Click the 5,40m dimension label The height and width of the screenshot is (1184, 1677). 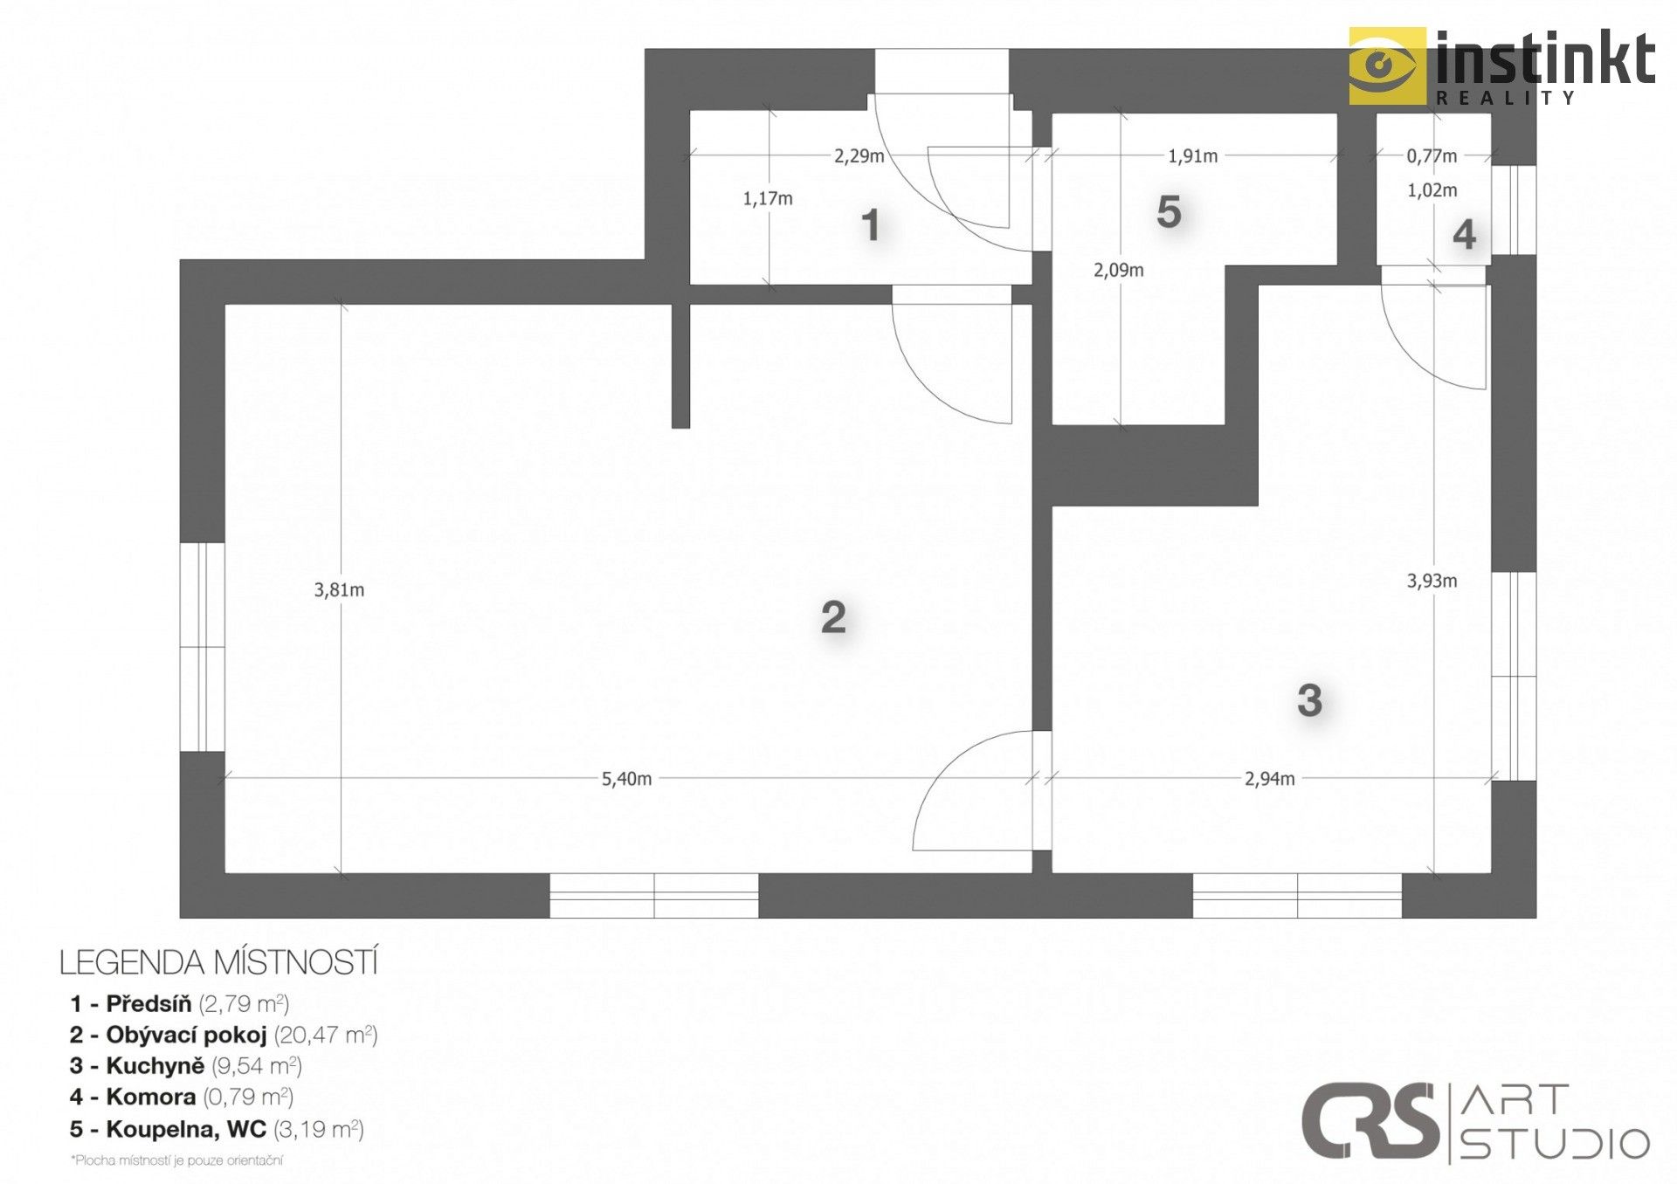coord(626,779)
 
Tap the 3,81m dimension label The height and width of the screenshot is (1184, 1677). coord(339,590)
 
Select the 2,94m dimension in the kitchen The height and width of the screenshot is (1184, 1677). coord(1269,779)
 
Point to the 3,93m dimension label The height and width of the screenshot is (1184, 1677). coord(1432,581)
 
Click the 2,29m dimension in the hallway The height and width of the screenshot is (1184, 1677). coord(859,156)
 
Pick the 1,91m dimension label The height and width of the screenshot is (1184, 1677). coord(1192,156)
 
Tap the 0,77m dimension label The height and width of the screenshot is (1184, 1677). coord(1431,156)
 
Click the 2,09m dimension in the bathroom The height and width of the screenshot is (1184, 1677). coord(1118,271)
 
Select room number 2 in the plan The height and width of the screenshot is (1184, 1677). coord(833,617)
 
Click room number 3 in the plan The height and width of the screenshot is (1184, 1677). coord(1308,700)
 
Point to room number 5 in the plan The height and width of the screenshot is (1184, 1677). coord(1168,212)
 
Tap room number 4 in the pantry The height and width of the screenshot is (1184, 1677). coord(1464,234)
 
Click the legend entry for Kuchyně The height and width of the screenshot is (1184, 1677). coord(185,1066)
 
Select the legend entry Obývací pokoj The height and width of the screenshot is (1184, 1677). coord(223,1035)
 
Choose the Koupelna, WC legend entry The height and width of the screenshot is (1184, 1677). coord(216,1129)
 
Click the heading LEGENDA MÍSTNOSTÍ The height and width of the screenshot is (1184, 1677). coord(218,962)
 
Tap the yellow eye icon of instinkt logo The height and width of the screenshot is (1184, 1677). coord(1386,65)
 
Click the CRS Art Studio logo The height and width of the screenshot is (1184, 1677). coord(1474,1123)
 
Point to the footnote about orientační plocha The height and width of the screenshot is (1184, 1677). coord(177,1160)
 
